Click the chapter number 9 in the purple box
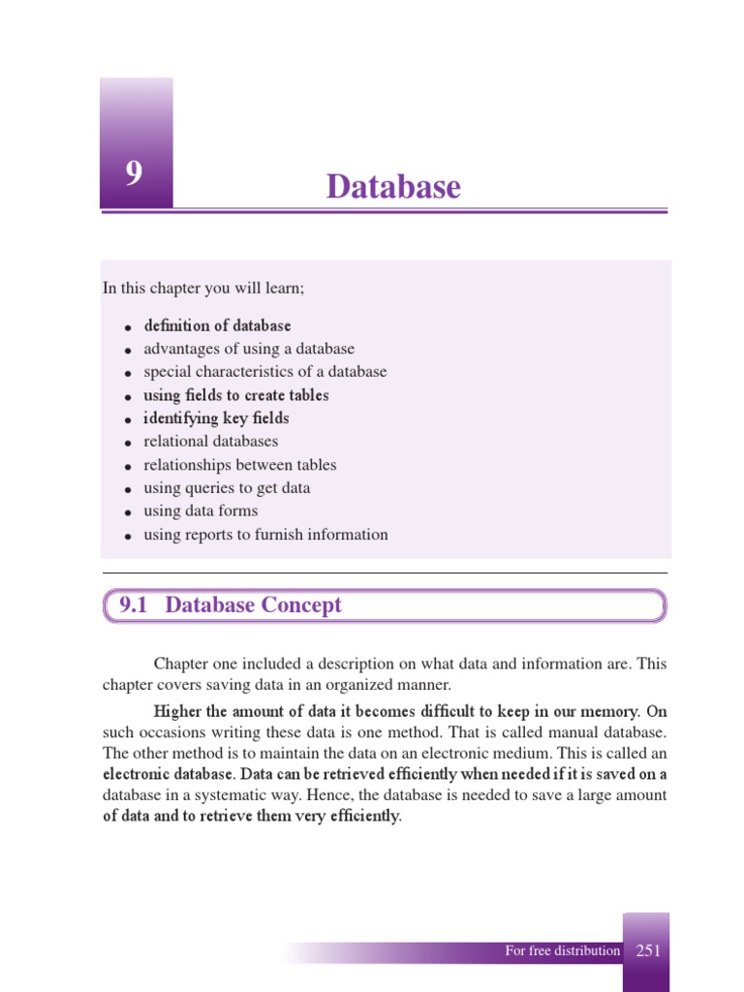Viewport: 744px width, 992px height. pyautogui.click(x=134, y=174)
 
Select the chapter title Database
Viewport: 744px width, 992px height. pyautogui.click(x=393, y=186)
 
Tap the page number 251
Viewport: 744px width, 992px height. pyautogui.click(x=648, y=950)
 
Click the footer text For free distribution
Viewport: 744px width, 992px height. pyautogui.click(x=562, y=950)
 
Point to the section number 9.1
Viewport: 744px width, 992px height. pyautogui.click(x=137, y=605)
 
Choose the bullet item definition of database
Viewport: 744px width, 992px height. pyautogui.click(x=217, y=325)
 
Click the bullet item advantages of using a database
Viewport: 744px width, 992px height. pyautogui.click(x=249, y=349)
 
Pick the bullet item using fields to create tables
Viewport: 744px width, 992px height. pyautogui.click(x=236, y=395)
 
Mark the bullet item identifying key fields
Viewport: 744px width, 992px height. pyautogui.click(x=216, y=418)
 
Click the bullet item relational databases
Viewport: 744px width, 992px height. pyautogui.click(x=210, y=442)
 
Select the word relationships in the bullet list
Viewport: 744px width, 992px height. pyautogui.click(x=187, y=465)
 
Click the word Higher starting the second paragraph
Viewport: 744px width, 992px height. pyautogui.click(x=179, y=711)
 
